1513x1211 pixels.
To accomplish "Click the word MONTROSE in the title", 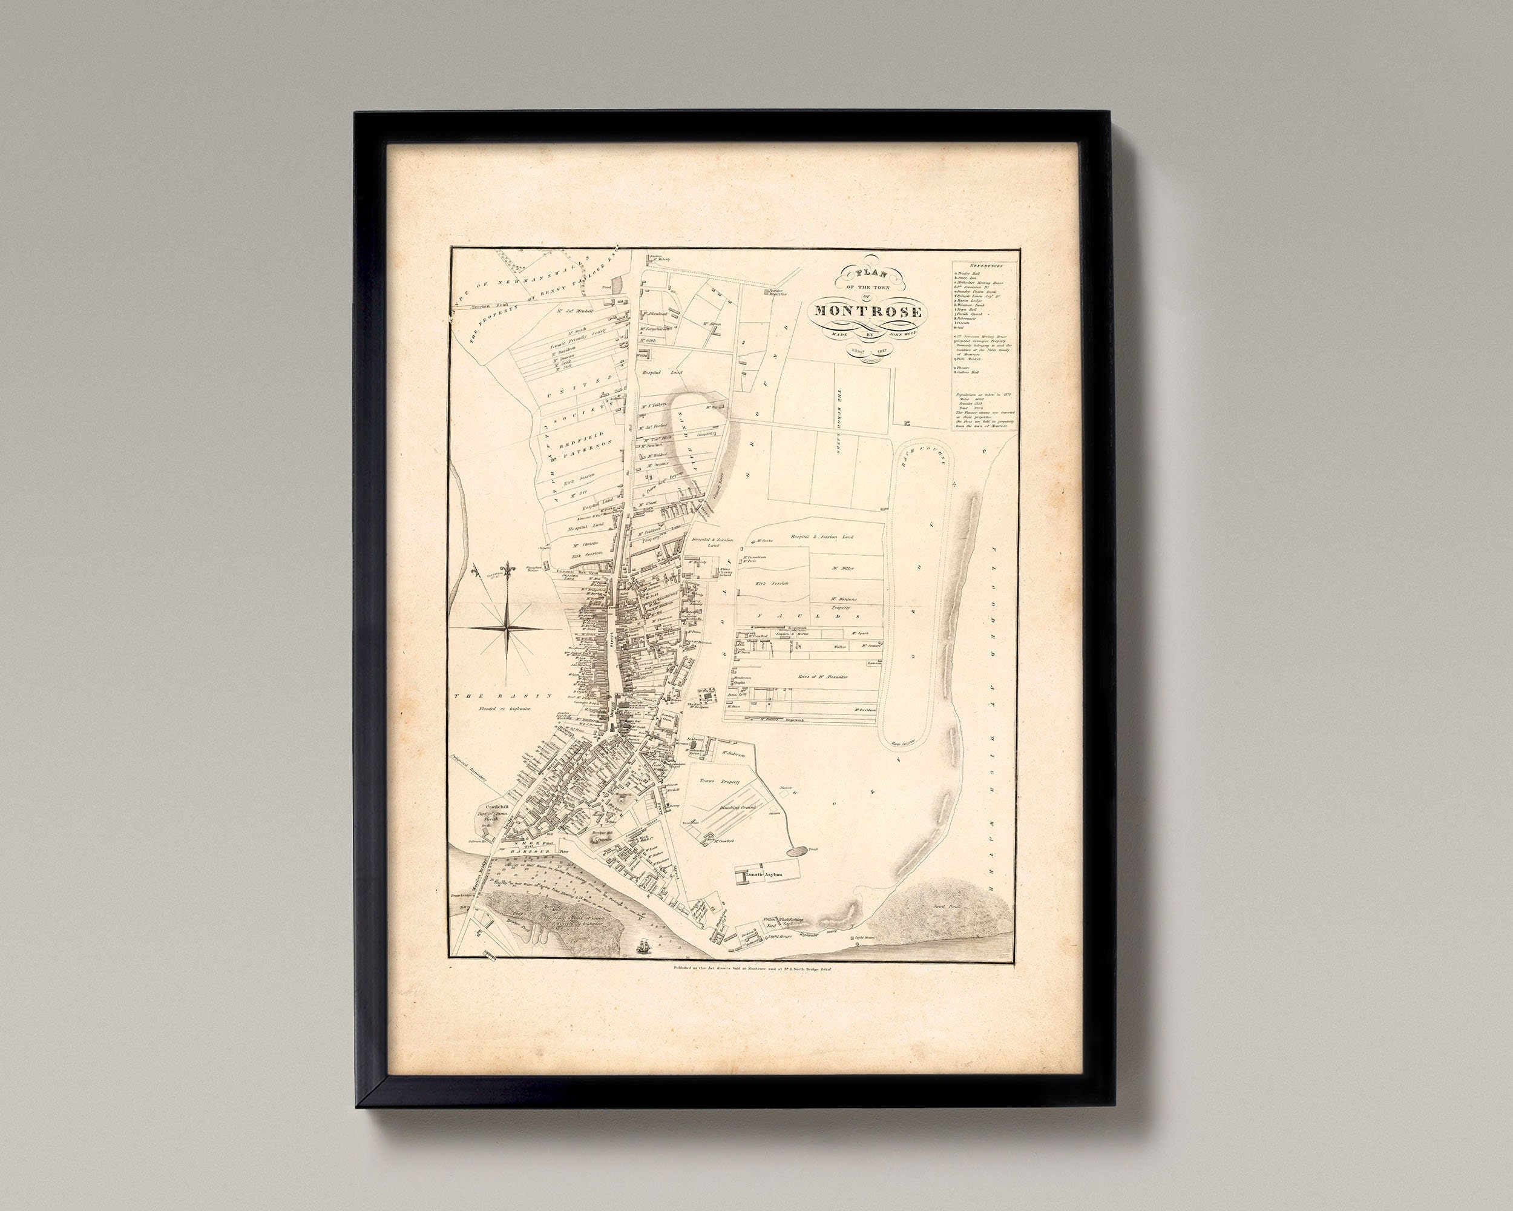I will [x=867, y=311].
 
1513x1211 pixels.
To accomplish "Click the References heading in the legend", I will [x=985, y=265].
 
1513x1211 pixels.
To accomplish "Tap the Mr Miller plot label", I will [x=846, y=569].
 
